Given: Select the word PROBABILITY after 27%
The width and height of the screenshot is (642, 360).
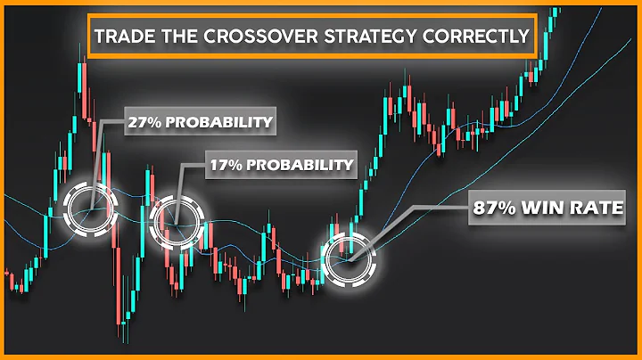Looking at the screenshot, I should click(218, 120).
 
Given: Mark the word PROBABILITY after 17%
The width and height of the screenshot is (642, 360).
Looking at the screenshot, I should click(300, 165).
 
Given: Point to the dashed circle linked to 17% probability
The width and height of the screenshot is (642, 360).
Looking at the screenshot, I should click(177, 222).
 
